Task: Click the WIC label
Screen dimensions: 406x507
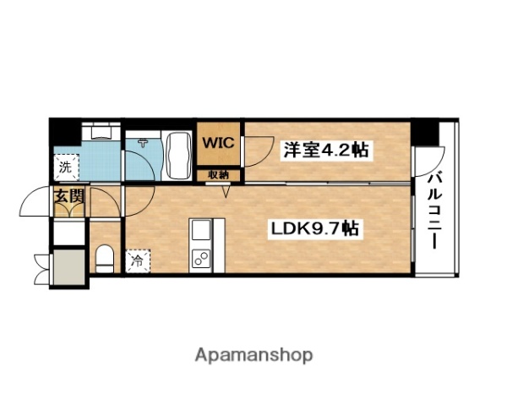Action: [219, 143]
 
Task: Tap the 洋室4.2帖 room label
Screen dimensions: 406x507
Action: [325, 151]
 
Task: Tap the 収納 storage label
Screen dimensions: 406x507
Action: [220, 175]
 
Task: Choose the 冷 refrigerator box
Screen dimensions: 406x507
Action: [137, 261]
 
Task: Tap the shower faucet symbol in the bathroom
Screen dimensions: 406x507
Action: [144, 143]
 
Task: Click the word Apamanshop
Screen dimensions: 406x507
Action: [253, 354]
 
